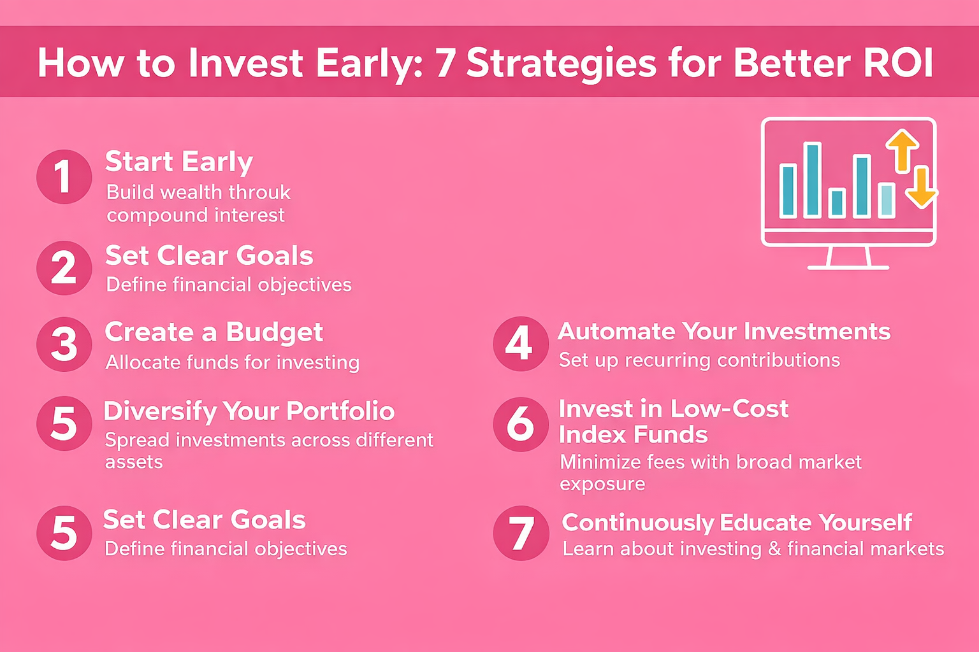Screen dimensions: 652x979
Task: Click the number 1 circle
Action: (64, 176)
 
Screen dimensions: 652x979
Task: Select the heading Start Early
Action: (178, 162)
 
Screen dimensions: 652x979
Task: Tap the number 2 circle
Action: (64, 268)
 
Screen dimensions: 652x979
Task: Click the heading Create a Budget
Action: (214, 332)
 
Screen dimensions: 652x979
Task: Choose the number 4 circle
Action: (520, 344)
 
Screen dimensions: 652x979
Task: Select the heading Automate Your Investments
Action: (724, 332)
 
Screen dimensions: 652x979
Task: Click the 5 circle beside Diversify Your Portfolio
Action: (64, 423)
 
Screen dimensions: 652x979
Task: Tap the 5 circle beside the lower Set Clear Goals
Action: (64, 533)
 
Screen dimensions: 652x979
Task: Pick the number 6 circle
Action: (520, 424)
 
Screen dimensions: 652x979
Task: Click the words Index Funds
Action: (633, 435)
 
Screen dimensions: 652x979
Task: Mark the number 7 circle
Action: (520, 534)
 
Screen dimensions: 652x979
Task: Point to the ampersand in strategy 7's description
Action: (774, 549)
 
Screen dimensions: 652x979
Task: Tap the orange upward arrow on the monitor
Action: (902, 150)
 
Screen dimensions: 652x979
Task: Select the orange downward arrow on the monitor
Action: (921, 187)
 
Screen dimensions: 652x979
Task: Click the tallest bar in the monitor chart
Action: (812, 180)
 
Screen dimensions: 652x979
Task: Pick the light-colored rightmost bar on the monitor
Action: (887, 200)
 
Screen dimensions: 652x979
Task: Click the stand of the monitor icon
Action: (848, 258)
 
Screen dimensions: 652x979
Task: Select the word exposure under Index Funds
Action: (602, 485)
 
